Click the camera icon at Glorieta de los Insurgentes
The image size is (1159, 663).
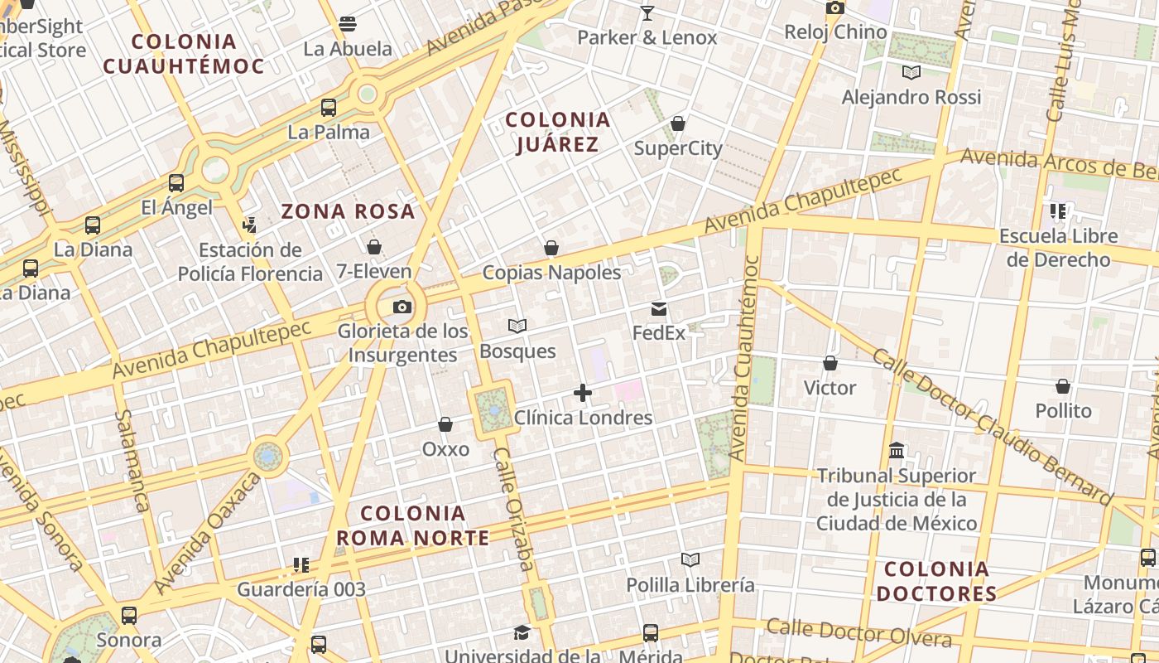[402, 307]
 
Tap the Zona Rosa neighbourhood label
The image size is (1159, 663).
[348, 211]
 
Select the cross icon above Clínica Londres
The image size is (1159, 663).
[583, 393]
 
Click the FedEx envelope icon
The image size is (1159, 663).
[659, 309]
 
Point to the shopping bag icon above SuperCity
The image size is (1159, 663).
[678, 124]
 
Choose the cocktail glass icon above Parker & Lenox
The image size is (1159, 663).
[647, 13]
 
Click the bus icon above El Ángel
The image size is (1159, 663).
[176, 183]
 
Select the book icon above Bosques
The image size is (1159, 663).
[517, 327]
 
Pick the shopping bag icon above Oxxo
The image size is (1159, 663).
[445, 425]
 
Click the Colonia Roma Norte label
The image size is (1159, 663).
[413, 525]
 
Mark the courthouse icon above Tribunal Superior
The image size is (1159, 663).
[897, 452]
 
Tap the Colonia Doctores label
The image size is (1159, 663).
[936, 581]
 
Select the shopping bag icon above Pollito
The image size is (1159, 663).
[1063, 387]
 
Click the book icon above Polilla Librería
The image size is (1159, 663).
[690, 560]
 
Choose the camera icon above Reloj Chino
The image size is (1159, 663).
[835, 8]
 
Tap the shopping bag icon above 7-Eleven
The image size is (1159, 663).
[374, 247]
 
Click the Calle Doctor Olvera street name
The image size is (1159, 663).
[858, 632]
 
